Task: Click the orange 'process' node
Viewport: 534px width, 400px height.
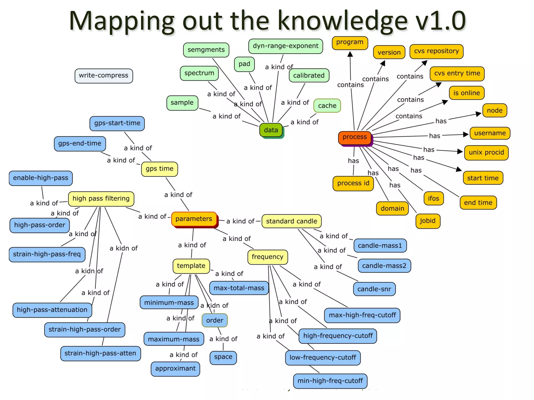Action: coord(355,137)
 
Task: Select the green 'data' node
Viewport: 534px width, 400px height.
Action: coord(271,130)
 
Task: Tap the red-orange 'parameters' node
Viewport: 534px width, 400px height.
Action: coord(194,219)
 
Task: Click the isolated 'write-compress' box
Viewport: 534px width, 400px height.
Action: coord(104,76)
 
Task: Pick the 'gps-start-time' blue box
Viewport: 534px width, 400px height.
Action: coord(117,123)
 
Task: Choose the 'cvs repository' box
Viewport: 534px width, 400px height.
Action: coord(436,51)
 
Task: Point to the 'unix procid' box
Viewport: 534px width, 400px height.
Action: coord(486,152)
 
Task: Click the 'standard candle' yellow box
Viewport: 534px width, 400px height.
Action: coord(291,221)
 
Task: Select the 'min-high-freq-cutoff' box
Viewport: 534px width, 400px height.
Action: coord(330,381)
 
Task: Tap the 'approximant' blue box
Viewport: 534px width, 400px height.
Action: coord(175,368)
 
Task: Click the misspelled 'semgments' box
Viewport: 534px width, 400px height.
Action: coord(206,50)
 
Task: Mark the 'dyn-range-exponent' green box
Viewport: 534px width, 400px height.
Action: coord(286,46)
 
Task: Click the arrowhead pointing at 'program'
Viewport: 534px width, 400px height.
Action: coord(350,54)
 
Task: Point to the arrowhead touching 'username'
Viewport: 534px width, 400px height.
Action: coord(466,134)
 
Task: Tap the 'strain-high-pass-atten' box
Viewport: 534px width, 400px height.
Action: coord(100,353)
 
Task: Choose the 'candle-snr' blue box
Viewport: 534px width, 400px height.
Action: coord(374,289)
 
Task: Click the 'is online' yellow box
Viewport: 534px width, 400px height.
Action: coord(466,93)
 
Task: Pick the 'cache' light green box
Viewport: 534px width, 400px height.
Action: coord(327,106)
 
